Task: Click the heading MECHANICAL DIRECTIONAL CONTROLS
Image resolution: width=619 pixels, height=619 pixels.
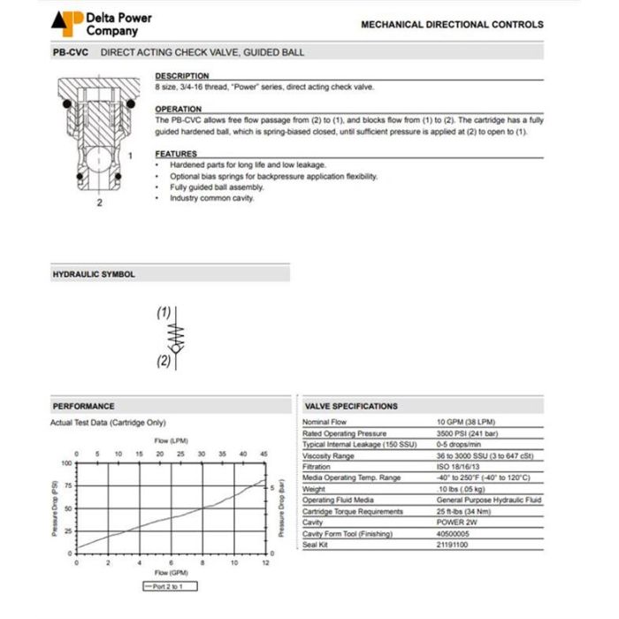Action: pos(452,25)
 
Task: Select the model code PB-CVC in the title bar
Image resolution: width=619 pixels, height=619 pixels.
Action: pos(70,52)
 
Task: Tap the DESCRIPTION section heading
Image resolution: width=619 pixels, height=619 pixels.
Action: pos(182,76)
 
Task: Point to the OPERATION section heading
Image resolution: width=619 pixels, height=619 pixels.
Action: pos(179,110)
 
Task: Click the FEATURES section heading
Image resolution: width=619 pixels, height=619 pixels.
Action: pos(176,154)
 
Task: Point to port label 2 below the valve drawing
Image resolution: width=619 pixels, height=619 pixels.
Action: pos(99,203)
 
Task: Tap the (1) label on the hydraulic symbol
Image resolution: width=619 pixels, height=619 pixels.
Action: pos(164,312)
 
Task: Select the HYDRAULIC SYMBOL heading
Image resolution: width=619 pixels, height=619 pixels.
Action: pos(94,274)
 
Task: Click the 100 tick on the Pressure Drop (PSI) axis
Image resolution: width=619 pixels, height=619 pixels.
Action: pos(66,463)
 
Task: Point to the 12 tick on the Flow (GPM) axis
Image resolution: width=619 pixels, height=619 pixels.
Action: pos(265,562)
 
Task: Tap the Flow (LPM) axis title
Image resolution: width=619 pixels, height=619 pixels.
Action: pos(171,440)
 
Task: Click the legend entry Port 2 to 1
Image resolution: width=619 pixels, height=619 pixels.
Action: pos(170,586)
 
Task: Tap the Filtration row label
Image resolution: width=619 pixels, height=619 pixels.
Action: pos(317,467)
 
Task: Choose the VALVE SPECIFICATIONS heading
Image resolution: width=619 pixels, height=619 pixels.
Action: pos(351,406)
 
